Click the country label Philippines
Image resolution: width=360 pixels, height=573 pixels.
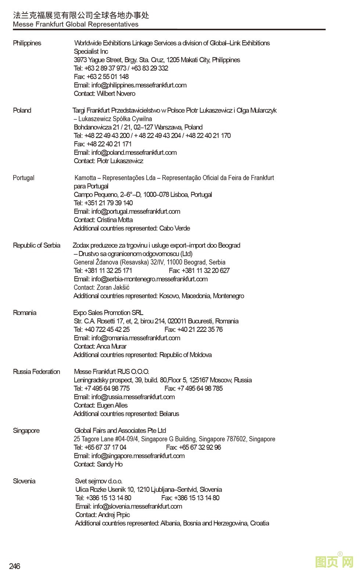coord(27,43)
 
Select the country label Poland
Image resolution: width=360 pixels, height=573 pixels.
coord(22,110)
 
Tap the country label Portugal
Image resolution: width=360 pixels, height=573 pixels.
coord(24,178)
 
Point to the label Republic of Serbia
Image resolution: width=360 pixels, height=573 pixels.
coord(36,245)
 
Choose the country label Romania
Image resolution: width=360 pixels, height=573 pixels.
coord(25,313)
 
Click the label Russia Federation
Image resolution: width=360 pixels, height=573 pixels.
coord(36,371)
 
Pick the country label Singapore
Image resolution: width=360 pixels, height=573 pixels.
coord(26,431)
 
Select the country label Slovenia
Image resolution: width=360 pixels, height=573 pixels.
coord(24,481)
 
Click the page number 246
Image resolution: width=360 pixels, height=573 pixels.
coord(15,566)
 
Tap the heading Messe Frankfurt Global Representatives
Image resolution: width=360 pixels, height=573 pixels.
coord(76,24)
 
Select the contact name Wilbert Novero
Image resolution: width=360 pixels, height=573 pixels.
coord(116,94)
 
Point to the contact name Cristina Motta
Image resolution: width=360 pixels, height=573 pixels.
coord(115,220)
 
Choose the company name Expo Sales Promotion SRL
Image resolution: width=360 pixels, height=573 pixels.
coord(108,313)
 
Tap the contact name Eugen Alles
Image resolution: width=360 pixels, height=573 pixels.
coord(112,405)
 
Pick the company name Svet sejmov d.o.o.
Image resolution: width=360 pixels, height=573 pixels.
coord(99,481)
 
